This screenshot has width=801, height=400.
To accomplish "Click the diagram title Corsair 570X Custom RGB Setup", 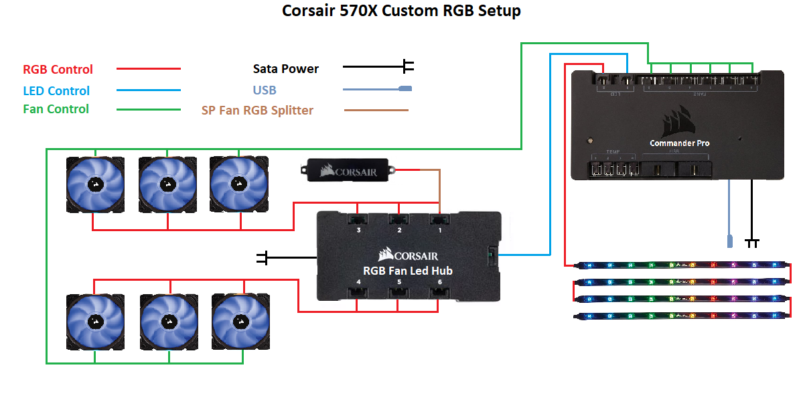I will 401,11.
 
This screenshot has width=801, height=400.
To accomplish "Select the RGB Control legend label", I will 58,69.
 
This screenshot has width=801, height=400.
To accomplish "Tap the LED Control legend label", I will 56,90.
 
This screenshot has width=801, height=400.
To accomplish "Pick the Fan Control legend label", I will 56,109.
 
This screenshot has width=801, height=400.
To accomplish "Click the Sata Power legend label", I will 286,68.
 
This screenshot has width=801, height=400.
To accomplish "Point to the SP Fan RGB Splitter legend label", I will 257,110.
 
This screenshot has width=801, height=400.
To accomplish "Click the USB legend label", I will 265,90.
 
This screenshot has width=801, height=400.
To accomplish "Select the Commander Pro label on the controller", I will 679,143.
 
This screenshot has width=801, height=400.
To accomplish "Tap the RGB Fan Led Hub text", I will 408,271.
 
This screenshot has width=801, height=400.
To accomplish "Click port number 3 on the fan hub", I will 359,230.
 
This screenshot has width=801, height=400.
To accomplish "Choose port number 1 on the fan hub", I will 440,230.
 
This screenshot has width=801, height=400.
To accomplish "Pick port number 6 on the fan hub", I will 440,282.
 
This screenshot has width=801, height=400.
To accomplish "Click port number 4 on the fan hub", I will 359,282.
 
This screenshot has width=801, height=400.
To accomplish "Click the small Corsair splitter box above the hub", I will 348,171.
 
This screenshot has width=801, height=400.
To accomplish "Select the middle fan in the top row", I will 167,185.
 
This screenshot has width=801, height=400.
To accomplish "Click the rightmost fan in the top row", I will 238,185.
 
